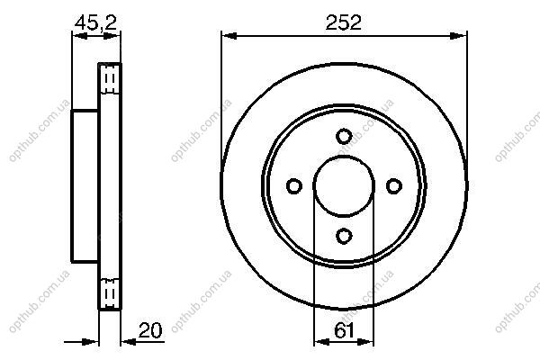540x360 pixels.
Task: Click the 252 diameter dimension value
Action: click(x=344, y=22)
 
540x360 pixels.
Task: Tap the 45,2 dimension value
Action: click(x=96, y=23)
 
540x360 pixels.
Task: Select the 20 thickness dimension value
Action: click(x=150, y=330)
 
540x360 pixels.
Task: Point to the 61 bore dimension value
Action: click(x=344, y=330)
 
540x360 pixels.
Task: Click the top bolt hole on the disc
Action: click(x=344, y=136)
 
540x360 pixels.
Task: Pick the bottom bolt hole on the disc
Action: click(x=344, y=236)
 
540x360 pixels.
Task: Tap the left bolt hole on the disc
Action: click(x=294, y=186)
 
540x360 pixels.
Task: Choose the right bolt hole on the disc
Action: click(x=394, y=186)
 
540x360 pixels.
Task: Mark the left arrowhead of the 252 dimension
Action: click(x=229, y=36)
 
